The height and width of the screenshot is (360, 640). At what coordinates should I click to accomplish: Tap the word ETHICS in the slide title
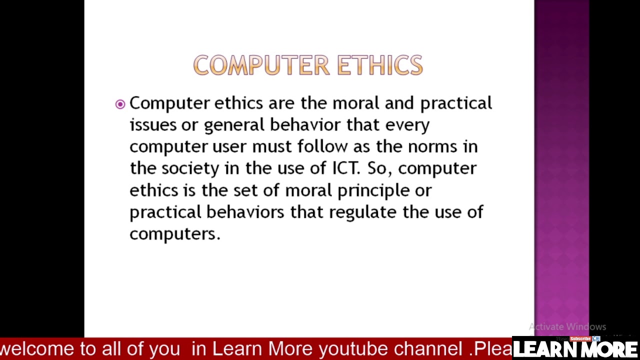(x=380, y=65)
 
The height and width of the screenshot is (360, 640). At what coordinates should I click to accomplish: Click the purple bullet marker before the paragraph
(x=120, y=104)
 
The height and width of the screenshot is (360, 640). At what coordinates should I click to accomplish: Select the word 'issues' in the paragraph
(x=153, y=125)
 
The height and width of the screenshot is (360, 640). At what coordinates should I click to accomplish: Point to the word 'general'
(x=233, y=125)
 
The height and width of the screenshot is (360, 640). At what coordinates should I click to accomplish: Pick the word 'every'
(x=407, y=125)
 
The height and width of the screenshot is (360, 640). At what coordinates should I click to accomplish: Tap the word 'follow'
(x=322, y=146)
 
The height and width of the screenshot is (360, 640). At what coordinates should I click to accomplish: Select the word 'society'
(x=190, y=168)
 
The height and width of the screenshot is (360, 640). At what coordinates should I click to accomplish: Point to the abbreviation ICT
(x=345, y=168)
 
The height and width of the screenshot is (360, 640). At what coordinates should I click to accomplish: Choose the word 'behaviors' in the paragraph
(x=245, y=212)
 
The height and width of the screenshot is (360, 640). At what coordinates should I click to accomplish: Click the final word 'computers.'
(x=174, y=234)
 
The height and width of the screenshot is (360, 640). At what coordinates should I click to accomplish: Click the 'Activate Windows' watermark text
(x=567, y=327)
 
